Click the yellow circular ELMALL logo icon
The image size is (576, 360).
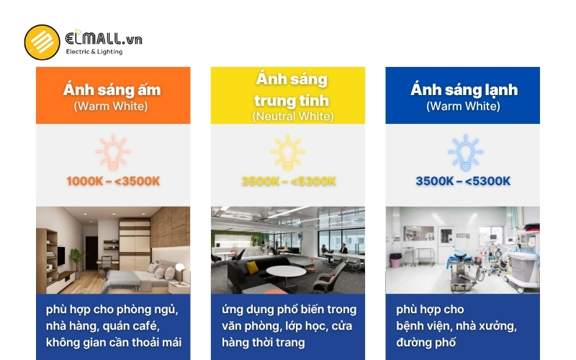(42, 42)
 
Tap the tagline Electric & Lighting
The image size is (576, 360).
(94, 52)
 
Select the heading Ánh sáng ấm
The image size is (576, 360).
(112, 90)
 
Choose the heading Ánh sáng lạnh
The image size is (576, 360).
(464, 90)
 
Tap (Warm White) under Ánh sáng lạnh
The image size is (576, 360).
(463, 106)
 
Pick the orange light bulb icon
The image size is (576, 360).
(113, 151)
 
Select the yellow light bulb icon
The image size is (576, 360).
(287, 151)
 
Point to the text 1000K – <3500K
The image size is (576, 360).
(113, 181)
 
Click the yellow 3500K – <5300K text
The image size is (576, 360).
(288, 181)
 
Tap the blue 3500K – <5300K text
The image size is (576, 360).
(463, 181)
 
